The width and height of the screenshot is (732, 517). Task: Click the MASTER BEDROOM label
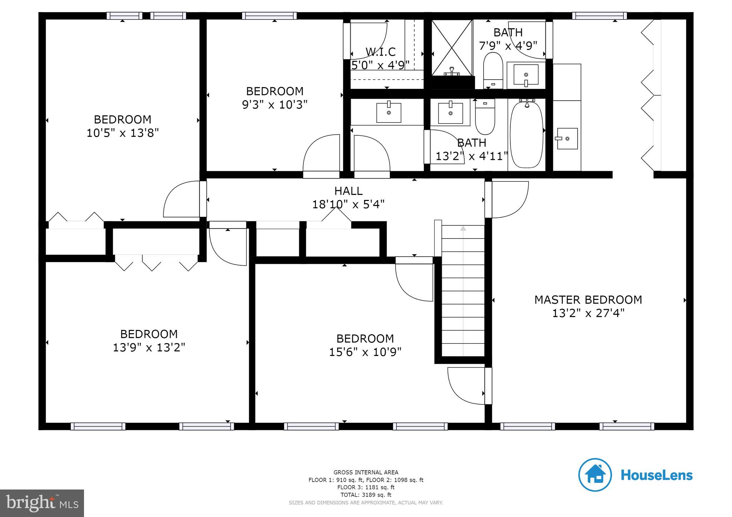pos(588,300)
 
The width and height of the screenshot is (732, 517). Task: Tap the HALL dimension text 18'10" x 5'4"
pos(348,205)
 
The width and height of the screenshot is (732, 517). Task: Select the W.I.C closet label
pos(380,52)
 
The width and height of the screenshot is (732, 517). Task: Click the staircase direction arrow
pos(463,229)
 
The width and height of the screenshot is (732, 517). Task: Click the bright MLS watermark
pos(42,503)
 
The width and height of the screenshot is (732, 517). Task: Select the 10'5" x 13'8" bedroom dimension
pos(122,133)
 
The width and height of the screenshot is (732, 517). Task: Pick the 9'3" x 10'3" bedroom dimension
pos(274,105)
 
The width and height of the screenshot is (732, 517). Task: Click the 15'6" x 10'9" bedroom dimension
pos(365,352)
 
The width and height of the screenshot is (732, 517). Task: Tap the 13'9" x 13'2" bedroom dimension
pos(149,348)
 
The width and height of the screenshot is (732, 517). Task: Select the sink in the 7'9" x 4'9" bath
pos(526,75)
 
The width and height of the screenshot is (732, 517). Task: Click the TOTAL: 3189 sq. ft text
pos(366,495)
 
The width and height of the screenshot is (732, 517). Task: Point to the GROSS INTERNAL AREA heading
pos(366,472)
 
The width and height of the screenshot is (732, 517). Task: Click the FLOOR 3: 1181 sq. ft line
pos(366,487)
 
